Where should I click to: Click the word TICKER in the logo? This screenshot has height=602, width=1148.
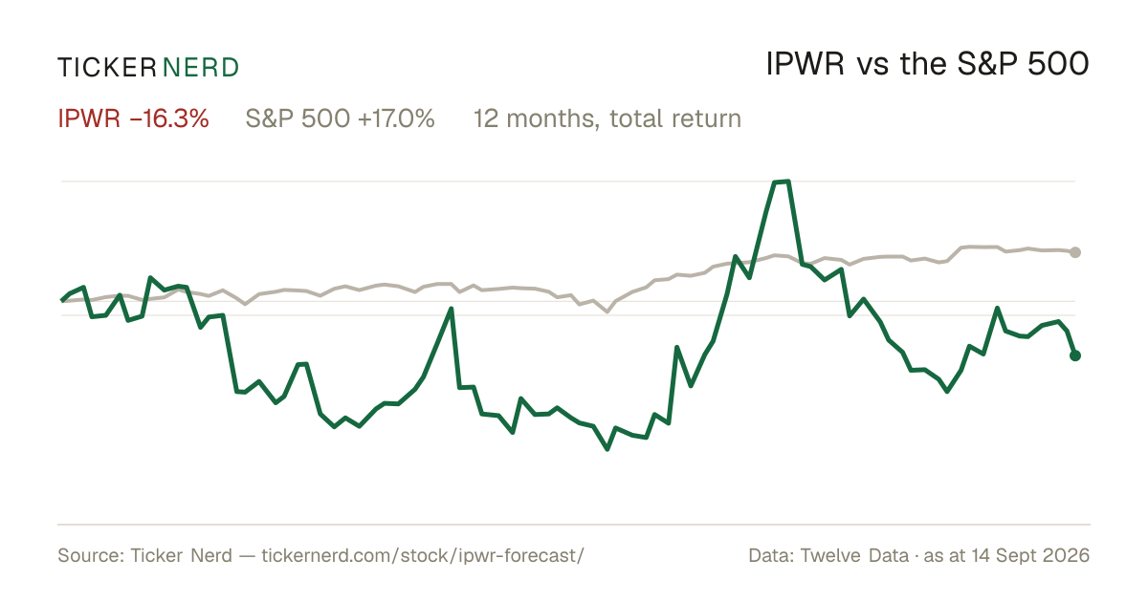pyautogui.click(x=107, y=68)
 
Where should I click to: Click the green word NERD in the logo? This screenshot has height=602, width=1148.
pyautogui.click(x=200, y=68)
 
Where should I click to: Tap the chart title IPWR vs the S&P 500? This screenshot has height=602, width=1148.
pyautogui.click(x=927, y=64)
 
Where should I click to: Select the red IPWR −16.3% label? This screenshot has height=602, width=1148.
pyautogui.click(x=133, y=118)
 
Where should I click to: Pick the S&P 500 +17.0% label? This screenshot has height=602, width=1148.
pyautogui.click(x=341, y=118)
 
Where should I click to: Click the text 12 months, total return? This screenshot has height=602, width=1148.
pyautogui.click(x=607, y=118)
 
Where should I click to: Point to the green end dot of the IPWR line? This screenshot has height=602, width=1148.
pyautogui.click(x=1075, y=355)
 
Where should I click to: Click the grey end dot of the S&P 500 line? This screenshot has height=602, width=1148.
pyautogui.click(x=1075, y=252)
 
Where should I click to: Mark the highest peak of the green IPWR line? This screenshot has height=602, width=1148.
pyautogui.click(x=781, y=182)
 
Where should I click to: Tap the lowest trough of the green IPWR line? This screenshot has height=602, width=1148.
pyautogui.click(x=607, y=449)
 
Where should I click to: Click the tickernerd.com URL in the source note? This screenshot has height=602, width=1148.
pyautogui.click(x=423, y=555)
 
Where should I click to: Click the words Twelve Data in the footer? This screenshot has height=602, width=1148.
pyautogui.click(x=854, y=555)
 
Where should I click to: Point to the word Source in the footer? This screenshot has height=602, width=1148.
pyautogui.click(x=88, y=555)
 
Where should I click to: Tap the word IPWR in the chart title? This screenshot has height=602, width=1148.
pyautogui.click(x=805, y=64)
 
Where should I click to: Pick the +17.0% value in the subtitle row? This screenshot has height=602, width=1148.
pyautogui.click(x=396, y=118)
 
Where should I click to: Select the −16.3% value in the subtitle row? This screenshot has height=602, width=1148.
pyautogui.click(x=169, y=118)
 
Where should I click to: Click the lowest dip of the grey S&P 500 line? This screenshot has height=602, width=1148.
pyautogui.click(x=607, y=311)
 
